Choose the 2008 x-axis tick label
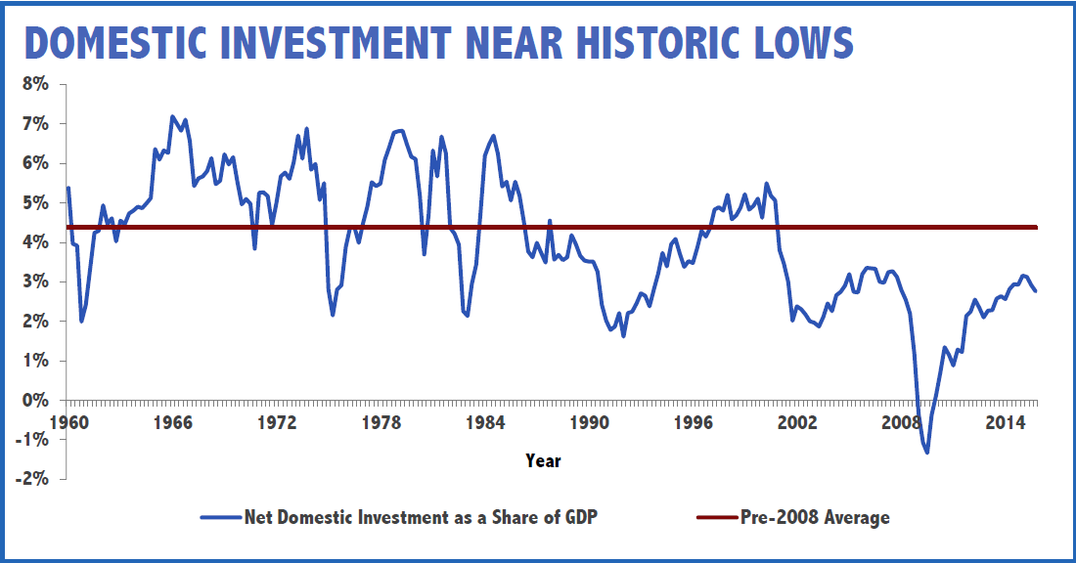901,423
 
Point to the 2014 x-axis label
1005,423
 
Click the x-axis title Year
543,459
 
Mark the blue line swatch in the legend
221,517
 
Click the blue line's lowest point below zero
926,452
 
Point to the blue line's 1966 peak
172,116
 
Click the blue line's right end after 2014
1036,291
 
